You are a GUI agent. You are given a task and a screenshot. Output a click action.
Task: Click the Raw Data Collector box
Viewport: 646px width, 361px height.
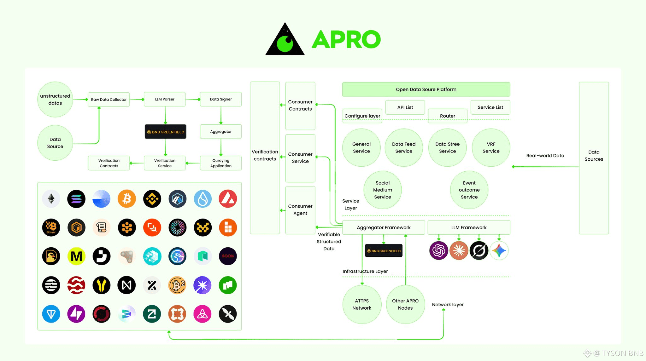tap(109, 100)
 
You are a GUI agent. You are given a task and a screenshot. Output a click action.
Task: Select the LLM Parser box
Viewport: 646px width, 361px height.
tap(165, 99)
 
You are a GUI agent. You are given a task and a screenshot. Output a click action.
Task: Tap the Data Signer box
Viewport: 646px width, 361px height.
tap(221, 99)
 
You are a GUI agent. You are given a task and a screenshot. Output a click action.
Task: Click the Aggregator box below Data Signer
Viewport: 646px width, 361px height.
tap(221, 132)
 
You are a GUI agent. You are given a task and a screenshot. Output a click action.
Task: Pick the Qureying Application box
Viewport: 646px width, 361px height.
tap(221, 163)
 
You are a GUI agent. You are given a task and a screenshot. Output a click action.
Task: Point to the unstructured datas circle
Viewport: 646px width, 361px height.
tap(55, 100)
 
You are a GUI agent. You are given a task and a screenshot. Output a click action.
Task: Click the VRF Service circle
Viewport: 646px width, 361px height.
tap(491, 148)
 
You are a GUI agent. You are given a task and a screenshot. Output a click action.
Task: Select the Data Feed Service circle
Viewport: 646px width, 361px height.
tap(404, 148)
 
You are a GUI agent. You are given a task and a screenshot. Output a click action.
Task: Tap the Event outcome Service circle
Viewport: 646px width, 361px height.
tap(469, 190)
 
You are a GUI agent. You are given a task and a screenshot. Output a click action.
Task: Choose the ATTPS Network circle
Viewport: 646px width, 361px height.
tap(362, 304)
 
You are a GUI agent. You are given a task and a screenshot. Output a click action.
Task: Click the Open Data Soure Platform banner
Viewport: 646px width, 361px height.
tap(426, 89)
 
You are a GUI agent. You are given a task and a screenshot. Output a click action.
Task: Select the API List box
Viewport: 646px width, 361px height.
tap(405, 107)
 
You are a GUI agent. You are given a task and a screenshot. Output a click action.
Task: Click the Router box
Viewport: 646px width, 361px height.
tap(447, 116)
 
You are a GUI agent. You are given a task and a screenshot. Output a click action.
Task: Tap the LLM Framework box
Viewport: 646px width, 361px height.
tap(469, 227)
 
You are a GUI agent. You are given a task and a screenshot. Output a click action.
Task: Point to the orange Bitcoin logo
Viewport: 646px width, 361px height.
tap(127, 199)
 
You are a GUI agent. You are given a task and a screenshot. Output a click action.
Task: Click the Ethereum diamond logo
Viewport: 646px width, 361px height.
tap(51, 199)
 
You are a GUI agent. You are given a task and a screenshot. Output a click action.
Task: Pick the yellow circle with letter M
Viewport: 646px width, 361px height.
tap(76, 256)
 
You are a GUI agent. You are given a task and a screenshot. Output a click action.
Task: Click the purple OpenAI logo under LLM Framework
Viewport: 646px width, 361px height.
tap(438, 251)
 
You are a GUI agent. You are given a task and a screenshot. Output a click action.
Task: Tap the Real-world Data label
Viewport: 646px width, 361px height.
tap(545, 156)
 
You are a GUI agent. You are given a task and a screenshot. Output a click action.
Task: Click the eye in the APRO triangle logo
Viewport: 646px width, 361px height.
tap(285, 43)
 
